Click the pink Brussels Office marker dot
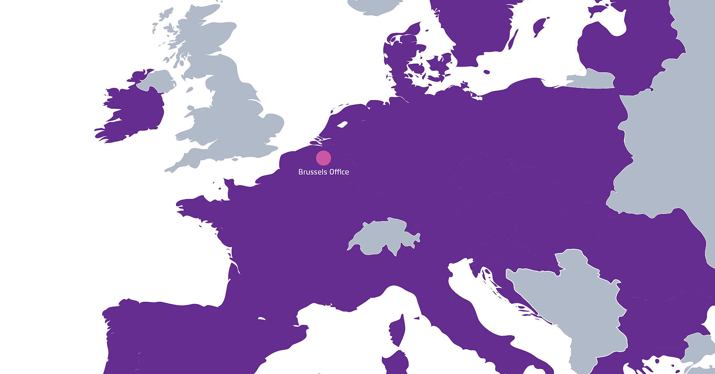point(323,158)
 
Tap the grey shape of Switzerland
point(384,237)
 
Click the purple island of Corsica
point(398,330)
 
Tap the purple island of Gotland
point(539,26)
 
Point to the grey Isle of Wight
point(235,160)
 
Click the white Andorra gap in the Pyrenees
point(262,319)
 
